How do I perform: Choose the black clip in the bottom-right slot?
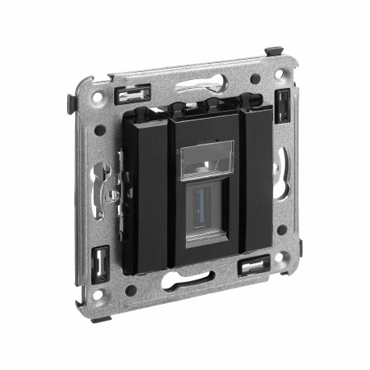[255, 267]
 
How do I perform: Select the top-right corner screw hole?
[280, 74]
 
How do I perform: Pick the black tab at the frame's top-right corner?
[275, 53]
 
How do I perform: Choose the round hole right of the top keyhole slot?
[255, 79]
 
